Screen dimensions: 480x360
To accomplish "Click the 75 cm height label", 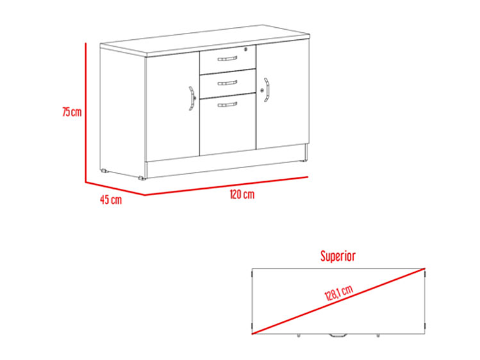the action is point(72,112).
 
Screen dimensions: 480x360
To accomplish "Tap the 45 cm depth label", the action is point(111,200).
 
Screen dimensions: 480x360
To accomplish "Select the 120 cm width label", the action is point(242,195).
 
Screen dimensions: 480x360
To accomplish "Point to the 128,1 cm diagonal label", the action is point(339,292).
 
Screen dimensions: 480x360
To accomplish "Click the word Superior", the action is point(338,256).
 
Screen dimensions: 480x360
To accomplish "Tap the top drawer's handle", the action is point(227,59).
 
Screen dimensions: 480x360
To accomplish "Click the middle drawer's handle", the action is point(227,83).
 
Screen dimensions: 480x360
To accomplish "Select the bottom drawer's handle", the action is point(227,105).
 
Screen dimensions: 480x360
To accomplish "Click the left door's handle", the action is point(191,98).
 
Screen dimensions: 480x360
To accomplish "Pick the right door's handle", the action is point(267,90).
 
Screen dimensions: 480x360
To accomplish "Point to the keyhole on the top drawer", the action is point(246,49).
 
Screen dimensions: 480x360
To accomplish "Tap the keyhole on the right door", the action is point(262,90).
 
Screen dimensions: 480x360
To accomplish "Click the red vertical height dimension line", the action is point(86,112).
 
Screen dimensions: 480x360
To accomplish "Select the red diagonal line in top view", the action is point(339,301).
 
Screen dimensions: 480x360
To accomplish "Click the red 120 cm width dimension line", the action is point(227,186).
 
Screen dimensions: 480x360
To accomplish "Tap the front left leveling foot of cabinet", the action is point(141,178).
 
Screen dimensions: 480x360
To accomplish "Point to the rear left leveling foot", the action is point(105,171).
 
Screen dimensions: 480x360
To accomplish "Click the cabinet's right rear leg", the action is point(306,152).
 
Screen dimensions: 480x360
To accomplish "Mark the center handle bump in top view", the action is point(338,335).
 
